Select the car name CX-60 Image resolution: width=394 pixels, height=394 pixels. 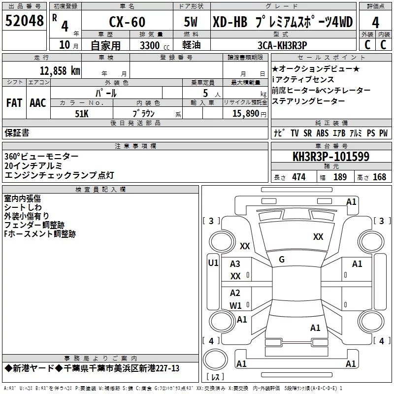click(127, 22)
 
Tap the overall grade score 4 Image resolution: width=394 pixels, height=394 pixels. click(376, 22)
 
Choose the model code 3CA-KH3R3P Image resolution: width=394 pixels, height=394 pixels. click(282, 45)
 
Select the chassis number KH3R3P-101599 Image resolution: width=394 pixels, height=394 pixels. click(331, 157)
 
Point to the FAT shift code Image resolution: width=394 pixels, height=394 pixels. click(14, 103)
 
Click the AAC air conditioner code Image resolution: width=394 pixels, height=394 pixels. click(38, 103)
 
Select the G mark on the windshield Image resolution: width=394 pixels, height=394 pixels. click(282, 260)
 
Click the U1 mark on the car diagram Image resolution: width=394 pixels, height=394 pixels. click(213, 263)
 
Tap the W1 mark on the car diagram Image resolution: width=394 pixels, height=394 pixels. click(235, 305)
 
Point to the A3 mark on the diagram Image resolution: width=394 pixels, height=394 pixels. click(235, 264)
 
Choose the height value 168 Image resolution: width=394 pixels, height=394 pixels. click(379, 177)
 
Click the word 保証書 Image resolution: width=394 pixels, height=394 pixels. click(17, 133)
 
